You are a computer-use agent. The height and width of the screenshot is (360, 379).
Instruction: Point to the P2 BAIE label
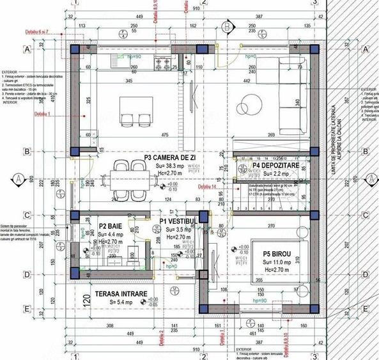click(111, 226)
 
